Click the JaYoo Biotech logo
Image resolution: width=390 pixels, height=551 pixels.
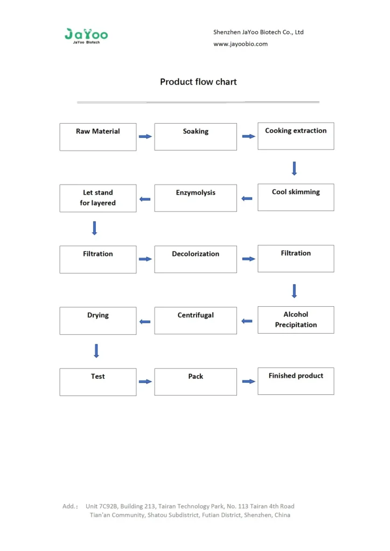86,36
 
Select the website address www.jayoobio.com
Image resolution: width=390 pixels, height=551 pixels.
240,44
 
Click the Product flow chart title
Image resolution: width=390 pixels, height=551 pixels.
198,82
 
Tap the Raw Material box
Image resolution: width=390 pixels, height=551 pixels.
98,137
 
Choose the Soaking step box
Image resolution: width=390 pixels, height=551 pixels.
196,137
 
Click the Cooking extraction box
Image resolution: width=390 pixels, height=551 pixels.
296,136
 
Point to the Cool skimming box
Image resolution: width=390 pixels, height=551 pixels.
296,197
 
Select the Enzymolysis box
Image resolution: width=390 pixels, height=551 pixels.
196,198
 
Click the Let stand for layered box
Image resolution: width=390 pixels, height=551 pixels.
98,198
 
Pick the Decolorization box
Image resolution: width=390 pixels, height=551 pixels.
196,259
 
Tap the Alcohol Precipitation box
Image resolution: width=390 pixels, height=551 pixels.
296,320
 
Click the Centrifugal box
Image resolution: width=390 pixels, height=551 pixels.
196,321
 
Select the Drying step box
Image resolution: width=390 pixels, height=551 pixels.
98,321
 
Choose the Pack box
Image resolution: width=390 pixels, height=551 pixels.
196,382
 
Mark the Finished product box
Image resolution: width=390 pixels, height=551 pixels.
296,381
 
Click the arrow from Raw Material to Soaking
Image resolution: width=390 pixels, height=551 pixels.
145,137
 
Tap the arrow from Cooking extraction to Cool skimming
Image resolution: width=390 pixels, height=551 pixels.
294,168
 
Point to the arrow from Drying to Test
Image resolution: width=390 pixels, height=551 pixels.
96,351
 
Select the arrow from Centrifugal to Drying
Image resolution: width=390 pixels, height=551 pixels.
145,322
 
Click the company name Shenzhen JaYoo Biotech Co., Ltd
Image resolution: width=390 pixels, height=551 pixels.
259,32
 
